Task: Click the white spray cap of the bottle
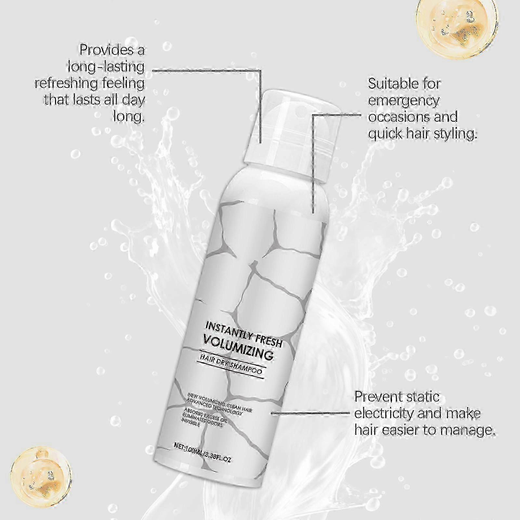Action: click(292, 133)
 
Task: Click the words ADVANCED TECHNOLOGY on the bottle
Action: click(214, 408)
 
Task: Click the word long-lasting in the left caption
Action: click(106, 67)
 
